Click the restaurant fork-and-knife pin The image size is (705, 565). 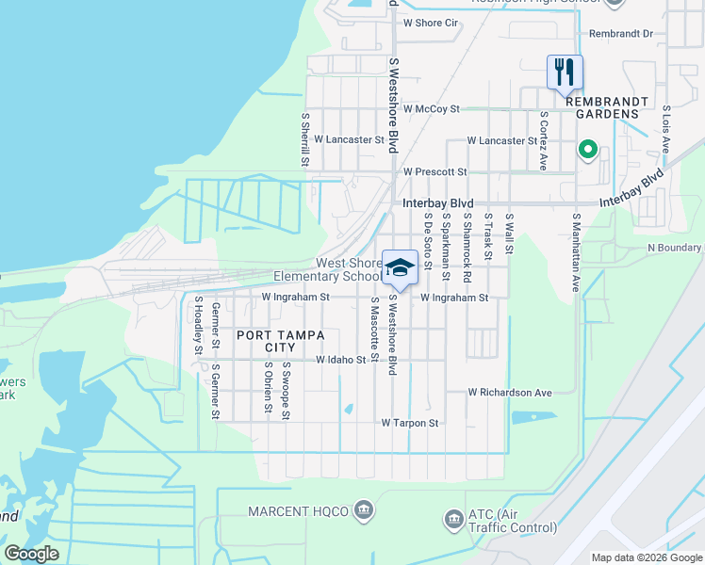pyautogui.click(x=565, y=72)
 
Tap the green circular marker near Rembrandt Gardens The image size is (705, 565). pyautogui.click(x=586, y=149)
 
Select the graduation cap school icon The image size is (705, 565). pyautogui.click(x=400, y=267)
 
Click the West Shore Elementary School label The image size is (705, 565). pyautogui.click(x=323, y=269)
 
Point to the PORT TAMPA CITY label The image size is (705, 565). pyautogui.click(x=280, y=342)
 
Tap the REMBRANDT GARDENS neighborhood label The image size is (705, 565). pyautogui.click(x=595, y=114)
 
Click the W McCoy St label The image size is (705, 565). pyautogui.click(x=431, y=109)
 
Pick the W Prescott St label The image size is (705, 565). pyautogui.click(x=434, y=172)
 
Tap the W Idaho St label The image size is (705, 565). pyautogui.click(x=340, y=360)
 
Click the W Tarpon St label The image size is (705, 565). pyautogui.click(x=410, y=424)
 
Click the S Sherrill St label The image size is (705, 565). pyautogui.click(x=305, y=140)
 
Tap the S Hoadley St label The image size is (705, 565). pyautogui.click(x=199, y=325)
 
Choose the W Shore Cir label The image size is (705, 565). pyautogui.click(x=430, y=23)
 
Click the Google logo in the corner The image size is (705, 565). pyautogui.click(x=32, y=554)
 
